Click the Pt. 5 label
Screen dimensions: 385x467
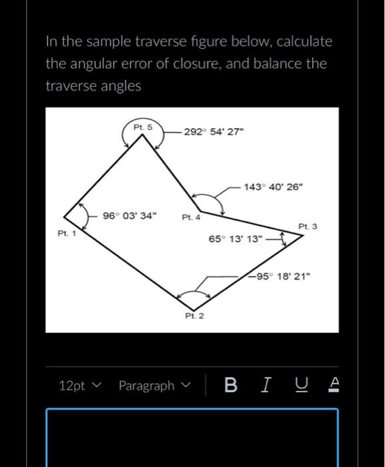pyautogui.click(x=143, y=126)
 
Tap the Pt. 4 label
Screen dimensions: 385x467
pyautogui.click(x=190, y=217)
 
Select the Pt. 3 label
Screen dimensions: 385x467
pyautogui.click(x=308, y=227)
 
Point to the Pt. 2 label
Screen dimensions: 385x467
pyautogui.click(x=194, y=315)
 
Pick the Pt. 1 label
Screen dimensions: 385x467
pyautogui.click(x=67, y=233)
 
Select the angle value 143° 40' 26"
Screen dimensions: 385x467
pyautogui.click(x=274, y=186)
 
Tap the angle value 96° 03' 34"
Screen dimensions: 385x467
pyautogui.click(x=130, y=216)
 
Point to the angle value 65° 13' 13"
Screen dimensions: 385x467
pyautogui.click(x=236, y=239)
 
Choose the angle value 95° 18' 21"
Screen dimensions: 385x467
pyautogui.click(x=280, y=276)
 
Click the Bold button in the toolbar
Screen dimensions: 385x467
pyautogui.click(x=231, y=386)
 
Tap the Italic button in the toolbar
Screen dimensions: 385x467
pyautogui.click(x=266, y=386)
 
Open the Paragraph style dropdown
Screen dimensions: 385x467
pyautogui.click(x=154, y=386)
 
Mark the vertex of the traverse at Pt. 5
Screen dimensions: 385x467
pyautogui.click(x=143, y=136)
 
